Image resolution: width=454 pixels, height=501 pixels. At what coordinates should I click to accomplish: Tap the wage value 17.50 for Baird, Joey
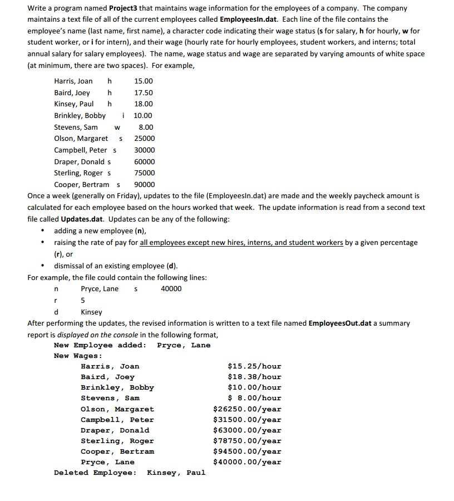click(144, 93)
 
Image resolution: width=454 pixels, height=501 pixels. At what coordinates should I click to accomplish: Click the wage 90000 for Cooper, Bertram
click(145, 185)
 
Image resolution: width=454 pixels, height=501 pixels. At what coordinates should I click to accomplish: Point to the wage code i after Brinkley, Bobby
click(123, 116)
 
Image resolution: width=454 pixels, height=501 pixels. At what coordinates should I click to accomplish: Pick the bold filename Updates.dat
click(84, 219)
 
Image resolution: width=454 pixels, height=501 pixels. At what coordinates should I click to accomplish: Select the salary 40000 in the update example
click(171, 288)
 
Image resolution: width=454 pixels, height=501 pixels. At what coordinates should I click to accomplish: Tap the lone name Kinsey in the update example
click(92, 312)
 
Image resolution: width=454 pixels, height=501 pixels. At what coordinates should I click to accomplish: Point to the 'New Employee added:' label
click(100, 345)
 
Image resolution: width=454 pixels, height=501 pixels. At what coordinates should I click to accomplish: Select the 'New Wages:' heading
click(78, 356)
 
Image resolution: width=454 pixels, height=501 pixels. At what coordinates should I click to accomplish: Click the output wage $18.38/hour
click(255, 377)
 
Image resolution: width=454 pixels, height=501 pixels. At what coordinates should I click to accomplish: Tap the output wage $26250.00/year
click(248, 409)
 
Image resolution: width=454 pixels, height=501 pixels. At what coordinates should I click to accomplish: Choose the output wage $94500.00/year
click(248, 451)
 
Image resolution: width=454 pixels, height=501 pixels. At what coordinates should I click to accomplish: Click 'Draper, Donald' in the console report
click(115, 430)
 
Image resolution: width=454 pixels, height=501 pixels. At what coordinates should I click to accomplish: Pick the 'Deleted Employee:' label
click(95, 473)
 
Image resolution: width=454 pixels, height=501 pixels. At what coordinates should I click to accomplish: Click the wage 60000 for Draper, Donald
click(145, 162)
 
